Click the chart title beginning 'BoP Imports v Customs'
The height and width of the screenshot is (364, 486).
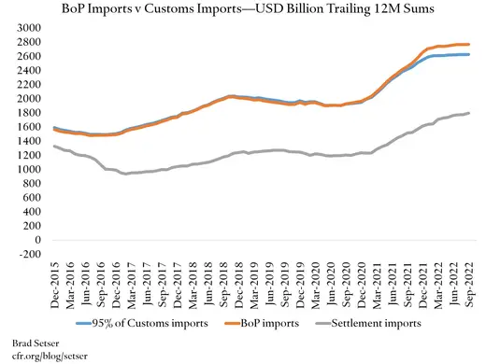(x=243, y=10)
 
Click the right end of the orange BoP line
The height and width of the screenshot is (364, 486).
(x=469, y=44)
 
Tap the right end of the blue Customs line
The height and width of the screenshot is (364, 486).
(x=469, y=54)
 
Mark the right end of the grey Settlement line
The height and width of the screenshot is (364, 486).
(x=469, y=113)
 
